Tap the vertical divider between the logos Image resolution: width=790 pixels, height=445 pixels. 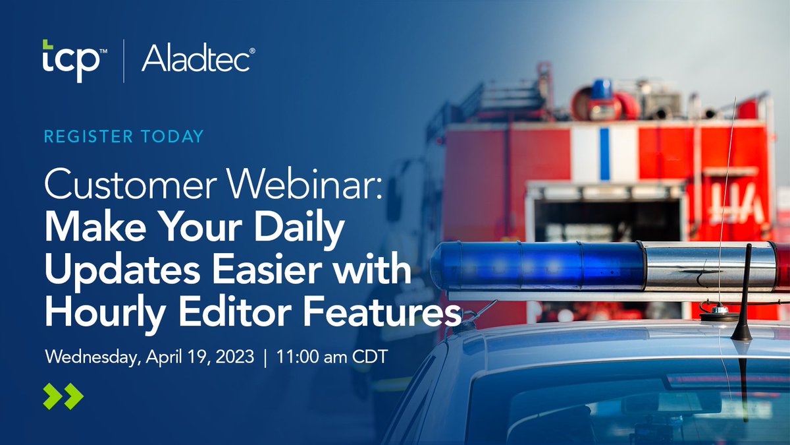coord(124,61)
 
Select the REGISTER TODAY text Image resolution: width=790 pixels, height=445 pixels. coord(123,136)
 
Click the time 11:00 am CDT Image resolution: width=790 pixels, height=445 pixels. coord(331,358)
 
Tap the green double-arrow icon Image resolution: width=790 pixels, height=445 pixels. coord(63,396)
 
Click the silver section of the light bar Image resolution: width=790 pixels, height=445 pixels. coord(708,266)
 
